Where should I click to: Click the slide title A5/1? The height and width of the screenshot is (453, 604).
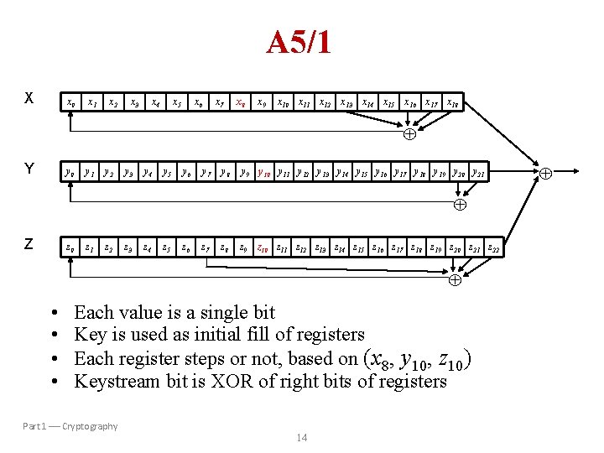[x=299, y=42]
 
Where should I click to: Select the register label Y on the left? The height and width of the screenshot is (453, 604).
[x=29, y=169]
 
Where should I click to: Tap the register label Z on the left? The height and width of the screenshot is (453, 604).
[x=29, y=244]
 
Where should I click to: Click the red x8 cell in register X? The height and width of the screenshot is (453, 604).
[x=241, y=102]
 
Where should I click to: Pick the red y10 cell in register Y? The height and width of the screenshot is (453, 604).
[x=264, y=174]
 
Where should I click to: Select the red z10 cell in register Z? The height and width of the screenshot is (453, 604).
[x=262, y=247]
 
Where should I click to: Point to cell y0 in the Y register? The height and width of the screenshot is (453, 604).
[x=70, y=174]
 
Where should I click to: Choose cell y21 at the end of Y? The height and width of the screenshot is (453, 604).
[x=478, y=174]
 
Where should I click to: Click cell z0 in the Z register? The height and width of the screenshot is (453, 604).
[x=70, y=247]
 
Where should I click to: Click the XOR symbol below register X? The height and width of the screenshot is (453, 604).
[x=410, y=133]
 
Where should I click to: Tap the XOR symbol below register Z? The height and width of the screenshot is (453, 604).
[x=454, y=280]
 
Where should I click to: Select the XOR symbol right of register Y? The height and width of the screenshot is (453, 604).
[x=545, y=174]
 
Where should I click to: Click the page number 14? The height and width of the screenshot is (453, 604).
[x=301, y=438]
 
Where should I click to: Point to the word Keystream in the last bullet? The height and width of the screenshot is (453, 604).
[x=114, y=382]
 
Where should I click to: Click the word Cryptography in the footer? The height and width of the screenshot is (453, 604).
[x=90, y=426]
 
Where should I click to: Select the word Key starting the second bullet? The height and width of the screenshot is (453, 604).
[x=88, y=336]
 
